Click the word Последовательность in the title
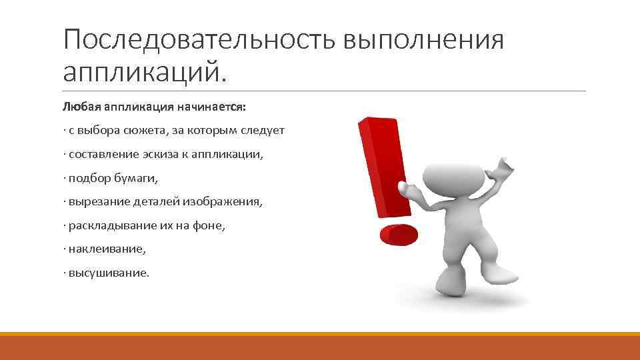pos(200,41)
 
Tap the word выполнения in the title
pos(423,41)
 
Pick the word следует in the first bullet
pos(264,131)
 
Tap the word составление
pos(101,154)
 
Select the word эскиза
pos(161,154)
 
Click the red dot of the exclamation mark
pos(398,235)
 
